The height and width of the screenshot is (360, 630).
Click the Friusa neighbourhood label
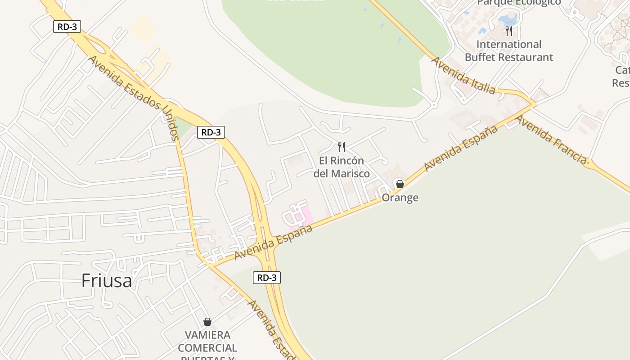tap(107, 281)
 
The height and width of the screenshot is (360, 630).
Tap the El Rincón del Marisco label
tap(342, 167)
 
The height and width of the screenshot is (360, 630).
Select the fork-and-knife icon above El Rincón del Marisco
tap(342, 147)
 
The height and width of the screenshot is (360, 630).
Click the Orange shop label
tap(400, 198)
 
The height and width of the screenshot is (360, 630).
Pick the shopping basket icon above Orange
tap(400, 184)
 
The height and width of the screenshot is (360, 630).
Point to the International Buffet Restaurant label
tap(508, 51)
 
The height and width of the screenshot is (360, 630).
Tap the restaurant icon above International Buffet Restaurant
tap(509, 31)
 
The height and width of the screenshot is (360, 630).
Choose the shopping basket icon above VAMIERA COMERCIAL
tap(207, 322)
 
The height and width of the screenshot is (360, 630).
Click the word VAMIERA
tap(207, 335)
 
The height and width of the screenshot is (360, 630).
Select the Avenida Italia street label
tap(463, 75)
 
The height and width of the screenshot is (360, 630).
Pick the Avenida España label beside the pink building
tap(274, 243)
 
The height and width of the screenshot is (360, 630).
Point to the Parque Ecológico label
tap(519, 3)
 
